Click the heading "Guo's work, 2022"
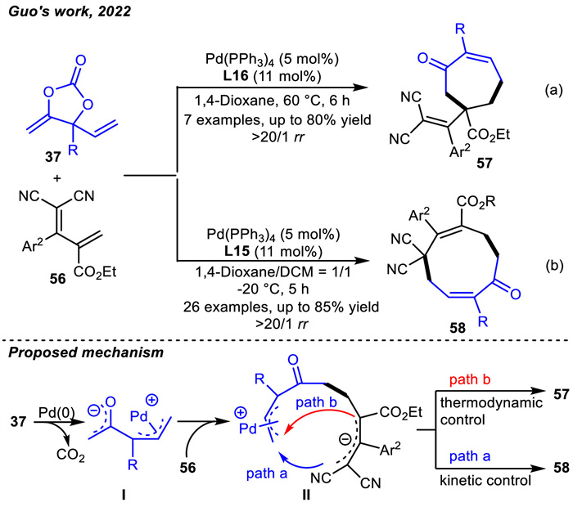click(x=70, y=11)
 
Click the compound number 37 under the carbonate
click(x=53, y=157)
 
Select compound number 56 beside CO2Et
click(x=58, y=279)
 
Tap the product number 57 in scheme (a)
click(x=485, y=163)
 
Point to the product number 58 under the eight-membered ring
click(x=458, y=328)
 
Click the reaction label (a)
click(x=553, y=90)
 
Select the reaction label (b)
click(x=554, y=266)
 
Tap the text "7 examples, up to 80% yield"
click(x=277, y=119)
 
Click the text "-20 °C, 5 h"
click(x=273, y=289)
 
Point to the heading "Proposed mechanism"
click(x=85, y=352)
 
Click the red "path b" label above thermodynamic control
click(x=470, y=379)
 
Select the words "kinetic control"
click(x=485, y=480)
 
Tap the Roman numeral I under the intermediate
click(x=124, y=495)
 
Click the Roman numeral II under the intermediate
click(x=306, y=495)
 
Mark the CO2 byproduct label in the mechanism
click(x=71, y=455)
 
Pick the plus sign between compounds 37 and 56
click(x=57, y=178)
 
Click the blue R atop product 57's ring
click(x=460, y=29)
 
